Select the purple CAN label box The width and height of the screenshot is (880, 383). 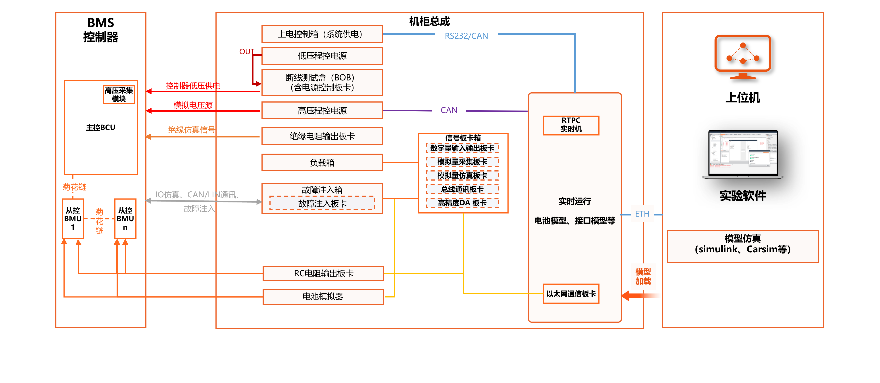click(x=449, y=110)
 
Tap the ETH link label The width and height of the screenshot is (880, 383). click(x=642, y=214)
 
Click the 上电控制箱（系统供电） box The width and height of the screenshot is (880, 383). click(x=322, y=34)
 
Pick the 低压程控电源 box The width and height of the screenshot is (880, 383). click(x=322, y=56)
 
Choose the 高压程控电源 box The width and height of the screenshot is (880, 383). click(x=322, y=111)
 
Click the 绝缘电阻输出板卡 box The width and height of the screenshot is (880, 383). click(x=322, y=136)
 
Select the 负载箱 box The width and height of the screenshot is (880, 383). click(x=322, y=162)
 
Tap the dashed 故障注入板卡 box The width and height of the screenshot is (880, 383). click(x=322, y=204)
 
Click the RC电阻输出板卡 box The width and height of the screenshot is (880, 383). click(x=323, y=273)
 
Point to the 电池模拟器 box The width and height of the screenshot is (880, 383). click(x=323, y=296)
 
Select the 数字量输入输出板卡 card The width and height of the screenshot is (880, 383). click(x=462, y=148)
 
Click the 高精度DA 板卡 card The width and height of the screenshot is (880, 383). click(x=462, y=203)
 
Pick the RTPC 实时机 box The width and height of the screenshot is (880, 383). click(x=571, y=125)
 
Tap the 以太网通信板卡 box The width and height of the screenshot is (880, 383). click(x=571, y=293)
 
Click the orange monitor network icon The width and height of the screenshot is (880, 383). click(x=743, y=57)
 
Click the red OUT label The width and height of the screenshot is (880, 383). click(x=247, y=51)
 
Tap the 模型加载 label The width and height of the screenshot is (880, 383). click(x=643, y=276)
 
